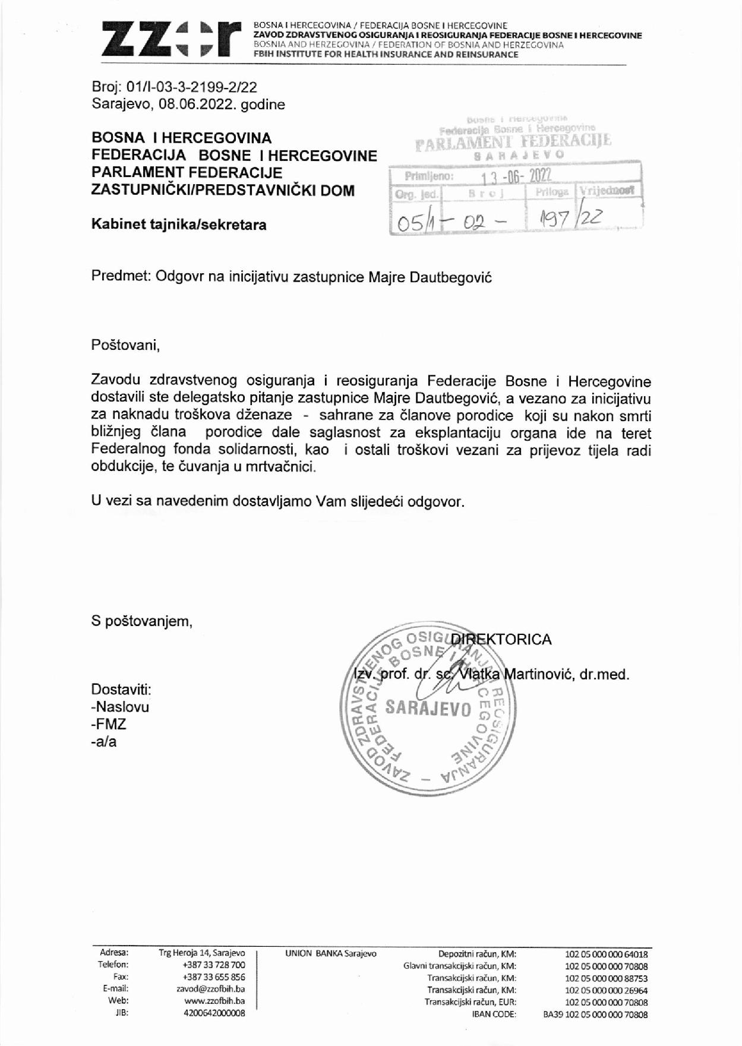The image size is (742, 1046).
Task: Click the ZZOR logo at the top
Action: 171,39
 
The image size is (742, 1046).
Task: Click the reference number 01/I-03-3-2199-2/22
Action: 192,87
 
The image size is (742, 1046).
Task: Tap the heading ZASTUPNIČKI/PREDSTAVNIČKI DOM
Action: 223,191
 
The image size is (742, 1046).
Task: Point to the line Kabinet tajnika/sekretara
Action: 179,225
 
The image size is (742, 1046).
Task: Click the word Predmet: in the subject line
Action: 121,277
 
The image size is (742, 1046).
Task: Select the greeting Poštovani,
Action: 125,345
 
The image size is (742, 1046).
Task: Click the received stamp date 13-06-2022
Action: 516,176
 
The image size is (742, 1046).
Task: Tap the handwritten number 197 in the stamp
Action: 555,220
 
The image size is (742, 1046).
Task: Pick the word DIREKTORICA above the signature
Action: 501,639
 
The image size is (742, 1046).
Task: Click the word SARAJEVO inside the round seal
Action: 428,709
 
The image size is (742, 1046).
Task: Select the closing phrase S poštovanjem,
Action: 142,621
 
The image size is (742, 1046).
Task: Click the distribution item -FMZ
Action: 109,724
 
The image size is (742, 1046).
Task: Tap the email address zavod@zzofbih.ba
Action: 211,989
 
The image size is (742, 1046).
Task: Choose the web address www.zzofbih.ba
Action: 214,1001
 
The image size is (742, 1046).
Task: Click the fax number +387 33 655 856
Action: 214,977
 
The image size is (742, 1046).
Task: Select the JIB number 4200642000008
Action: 214,1013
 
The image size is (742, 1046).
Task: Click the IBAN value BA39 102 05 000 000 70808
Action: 595,1015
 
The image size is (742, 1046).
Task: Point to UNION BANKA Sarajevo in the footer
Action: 330,953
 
